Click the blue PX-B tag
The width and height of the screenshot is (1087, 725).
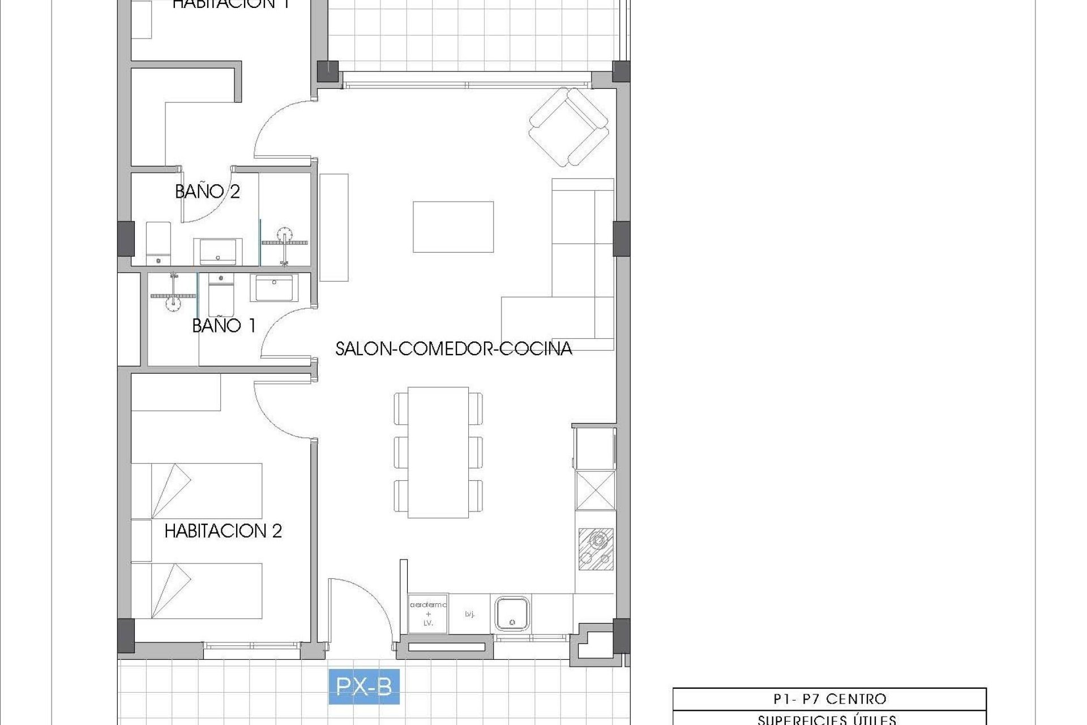coord(364,686)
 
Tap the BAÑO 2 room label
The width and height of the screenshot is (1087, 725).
coord(207,191)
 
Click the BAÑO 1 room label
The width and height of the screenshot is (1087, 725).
coord(224,325)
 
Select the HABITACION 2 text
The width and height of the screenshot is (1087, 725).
coord(223,531)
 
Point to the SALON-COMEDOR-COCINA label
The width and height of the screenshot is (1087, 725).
coord(453,348)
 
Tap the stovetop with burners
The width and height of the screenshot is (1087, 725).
coord(596,548)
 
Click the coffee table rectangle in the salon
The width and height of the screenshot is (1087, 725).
coord(453,227)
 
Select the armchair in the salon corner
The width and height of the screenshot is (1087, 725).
coord(568,126)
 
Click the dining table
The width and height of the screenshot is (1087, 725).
coord(438,452)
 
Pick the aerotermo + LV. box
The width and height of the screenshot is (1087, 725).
coord(428,613)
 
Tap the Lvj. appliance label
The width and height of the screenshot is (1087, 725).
coord(469,614)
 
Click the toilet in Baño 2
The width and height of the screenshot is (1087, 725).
coord(159,244)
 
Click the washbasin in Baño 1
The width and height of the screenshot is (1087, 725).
coord(274,288)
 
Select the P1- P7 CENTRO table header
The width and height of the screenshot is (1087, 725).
coord(829,699)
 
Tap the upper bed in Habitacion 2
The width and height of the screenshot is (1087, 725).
coord(196,491)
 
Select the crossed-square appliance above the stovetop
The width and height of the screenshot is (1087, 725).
coord(596,490)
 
